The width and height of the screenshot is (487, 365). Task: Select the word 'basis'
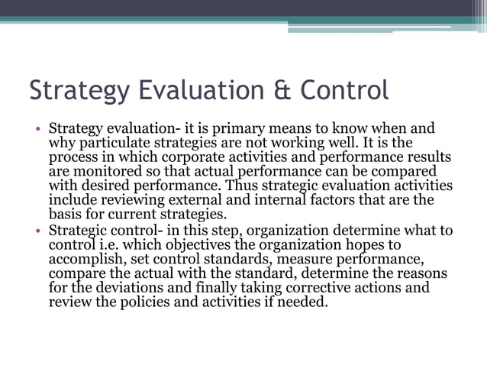point(66,215)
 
